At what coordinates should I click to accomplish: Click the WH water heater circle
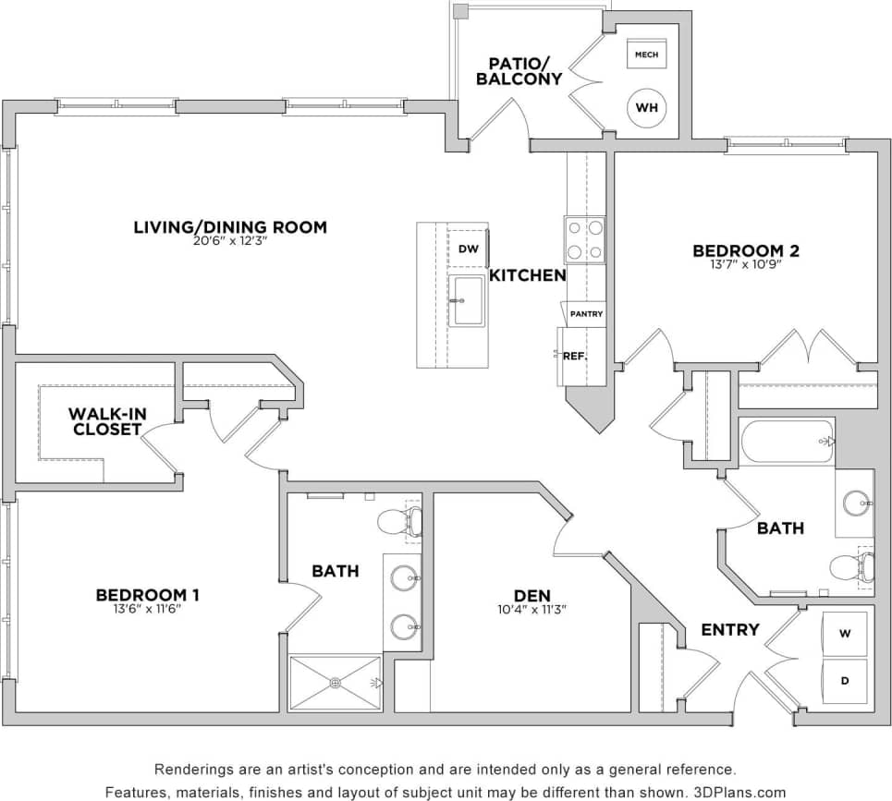click(647, 108)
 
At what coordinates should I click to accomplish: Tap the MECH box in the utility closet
click(646, 55)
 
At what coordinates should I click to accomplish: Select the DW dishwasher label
click(469, 249)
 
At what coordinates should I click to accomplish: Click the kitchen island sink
click(468, 300)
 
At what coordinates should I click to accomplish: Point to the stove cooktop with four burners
click(585, 239)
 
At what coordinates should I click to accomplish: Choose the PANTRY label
click(586, 314)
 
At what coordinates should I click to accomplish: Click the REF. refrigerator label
click(575, 356)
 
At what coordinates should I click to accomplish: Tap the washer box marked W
click(845, 634)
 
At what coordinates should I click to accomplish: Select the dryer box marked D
click(845, 682)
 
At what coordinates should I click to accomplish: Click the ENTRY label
click(729, 630)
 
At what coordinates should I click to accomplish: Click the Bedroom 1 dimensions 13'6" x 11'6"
click(148, 609)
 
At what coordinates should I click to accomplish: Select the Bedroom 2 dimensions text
click(746, 264)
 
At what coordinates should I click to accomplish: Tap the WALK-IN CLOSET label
click(105, 421)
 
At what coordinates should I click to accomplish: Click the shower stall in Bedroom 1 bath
click(335, 683)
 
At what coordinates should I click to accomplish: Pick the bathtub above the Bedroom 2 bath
click(787, 442)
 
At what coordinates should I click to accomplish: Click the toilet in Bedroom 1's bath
click(400, 522)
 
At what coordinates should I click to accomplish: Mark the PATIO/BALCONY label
click(519, 71)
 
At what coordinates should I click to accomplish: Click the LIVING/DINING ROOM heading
click(230, 227)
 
